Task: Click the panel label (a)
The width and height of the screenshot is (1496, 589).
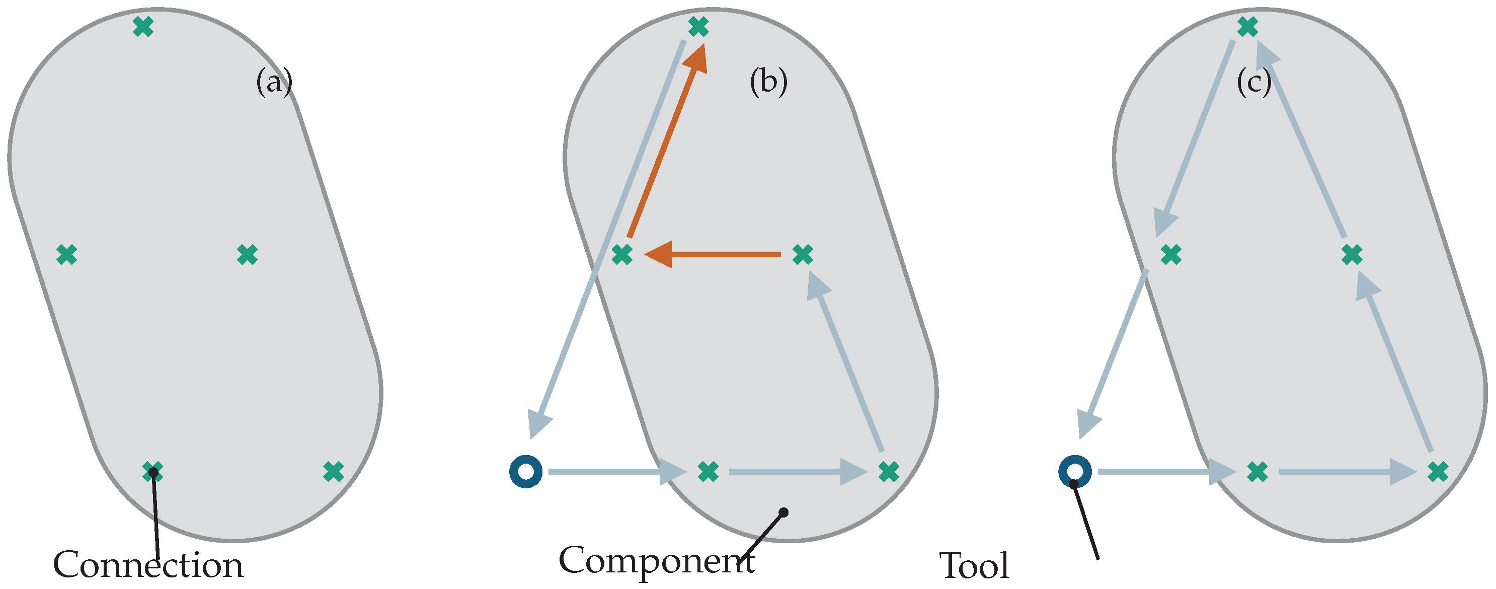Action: pos(274,83)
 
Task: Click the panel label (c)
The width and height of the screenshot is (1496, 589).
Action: pos(1254,83)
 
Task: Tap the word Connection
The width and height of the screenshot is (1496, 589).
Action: pos(148,565)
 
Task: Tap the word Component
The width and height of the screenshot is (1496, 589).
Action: pos(656,560)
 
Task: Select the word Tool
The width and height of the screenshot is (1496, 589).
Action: pos(974,566)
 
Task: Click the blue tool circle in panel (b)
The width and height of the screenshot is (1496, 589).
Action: pos(525,472)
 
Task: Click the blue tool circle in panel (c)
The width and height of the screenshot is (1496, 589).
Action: pos(1075,472)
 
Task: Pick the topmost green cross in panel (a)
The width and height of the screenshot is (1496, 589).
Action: pos(143,27)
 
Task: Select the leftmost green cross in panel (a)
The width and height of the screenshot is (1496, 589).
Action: pos(67,254)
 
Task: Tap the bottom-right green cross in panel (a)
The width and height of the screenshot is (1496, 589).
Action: pos(333,472)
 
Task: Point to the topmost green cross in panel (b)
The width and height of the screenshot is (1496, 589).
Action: pos(698,27)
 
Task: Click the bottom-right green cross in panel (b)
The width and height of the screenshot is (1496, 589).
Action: pos(889,472)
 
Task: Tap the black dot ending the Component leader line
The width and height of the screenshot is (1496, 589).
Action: pos(783,512)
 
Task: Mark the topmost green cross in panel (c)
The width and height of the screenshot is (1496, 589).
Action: pos(1248,27)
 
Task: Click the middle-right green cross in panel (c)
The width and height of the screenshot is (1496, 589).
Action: pos(1352,254)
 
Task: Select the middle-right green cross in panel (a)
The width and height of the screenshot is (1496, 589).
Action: pos(248,254)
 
